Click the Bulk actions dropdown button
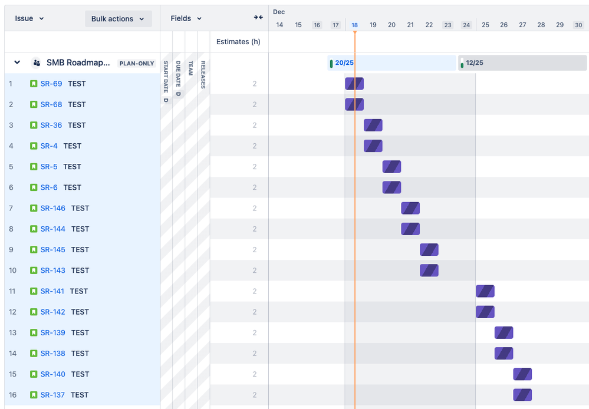point(118,19)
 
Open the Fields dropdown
point(186,19)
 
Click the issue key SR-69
point(51,84)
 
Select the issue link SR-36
point(51,125)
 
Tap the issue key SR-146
point(53,208)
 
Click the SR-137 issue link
point(52,395)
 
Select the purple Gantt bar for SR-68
point(354,104)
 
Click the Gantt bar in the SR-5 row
point(391,167)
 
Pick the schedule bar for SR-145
point(429,250)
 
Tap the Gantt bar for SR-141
point(485,291)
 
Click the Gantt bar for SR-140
point(522,374)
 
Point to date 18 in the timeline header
point(354,25)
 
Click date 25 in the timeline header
point(485,25)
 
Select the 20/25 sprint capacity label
point(344,63)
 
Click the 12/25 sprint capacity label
point(475,63)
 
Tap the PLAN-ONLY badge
point(137,64)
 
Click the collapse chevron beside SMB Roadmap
point(17,62)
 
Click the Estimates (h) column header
point(238,42)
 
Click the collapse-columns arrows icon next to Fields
point(258,18)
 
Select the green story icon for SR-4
point(34,146)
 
